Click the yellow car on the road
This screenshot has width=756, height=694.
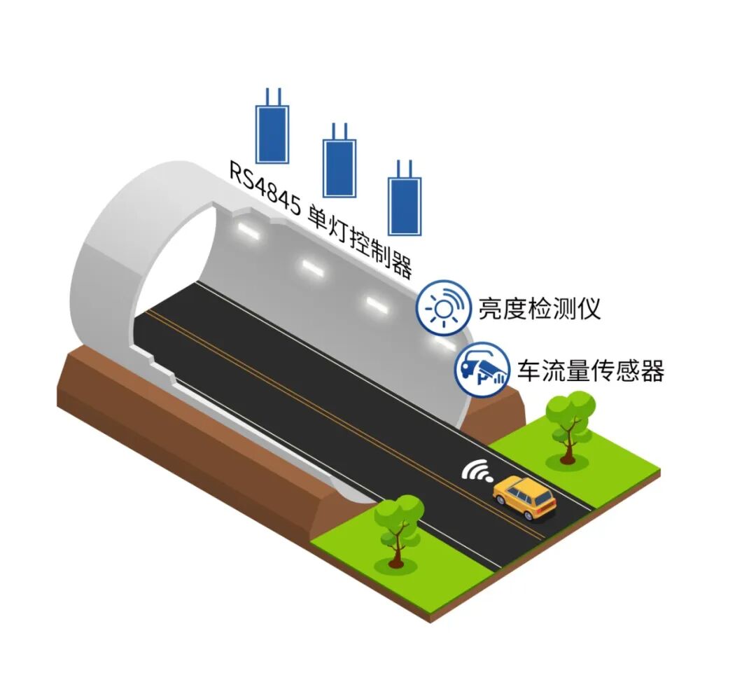[x=524, y=497]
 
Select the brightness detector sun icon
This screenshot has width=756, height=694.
[x=444, y=307]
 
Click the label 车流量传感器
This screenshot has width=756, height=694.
[x=591, y=370]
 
